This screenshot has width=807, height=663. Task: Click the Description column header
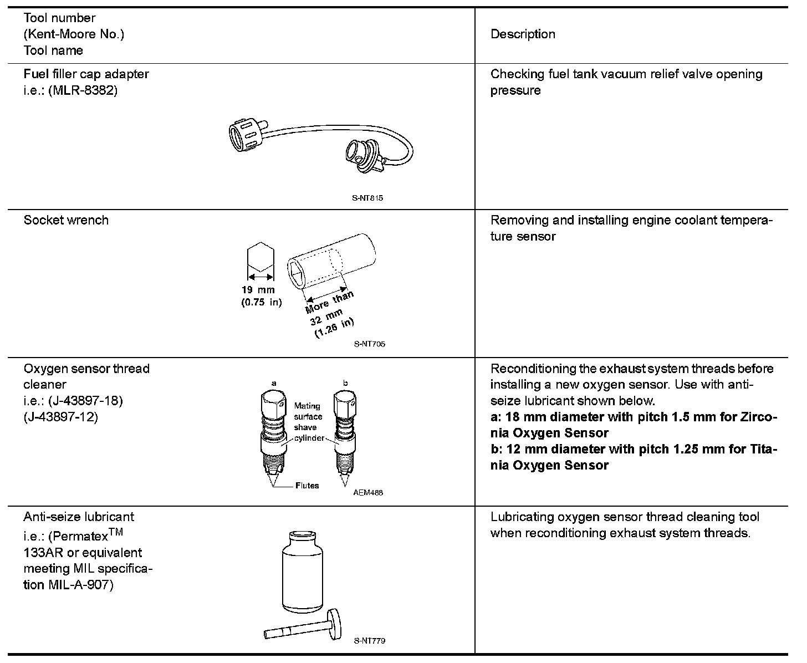point(523,34)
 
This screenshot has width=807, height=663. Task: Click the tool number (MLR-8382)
point(83,90)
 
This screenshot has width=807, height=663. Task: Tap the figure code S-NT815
point(367,197)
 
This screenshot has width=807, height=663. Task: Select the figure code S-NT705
point(369,344)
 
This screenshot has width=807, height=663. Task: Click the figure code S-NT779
point(369,641)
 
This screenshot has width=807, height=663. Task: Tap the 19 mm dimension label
point(258,290)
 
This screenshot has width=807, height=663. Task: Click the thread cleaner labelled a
point(274,432)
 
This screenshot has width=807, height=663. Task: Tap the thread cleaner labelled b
point(345,432)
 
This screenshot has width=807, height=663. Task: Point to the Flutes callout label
point(307,486)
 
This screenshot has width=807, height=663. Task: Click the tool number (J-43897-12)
point(60,416)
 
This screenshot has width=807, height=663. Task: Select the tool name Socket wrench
point(66,220)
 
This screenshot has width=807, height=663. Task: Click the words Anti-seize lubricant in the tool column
point(79,517)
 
